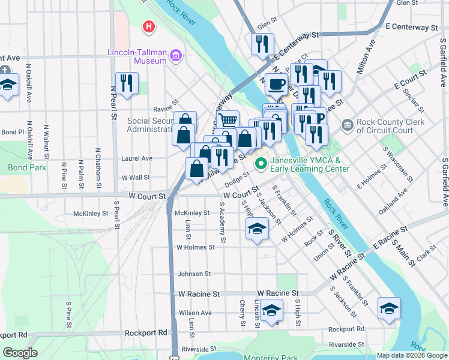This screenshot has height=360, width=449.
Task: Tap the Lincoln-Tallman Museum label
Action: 137,56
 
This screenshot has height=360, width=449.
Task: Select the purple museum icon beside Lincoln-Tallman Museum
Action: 176,56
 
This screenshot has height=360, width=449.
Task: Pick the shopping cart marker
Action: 228,121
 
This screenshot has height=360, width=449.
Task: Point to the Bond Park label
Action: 26,167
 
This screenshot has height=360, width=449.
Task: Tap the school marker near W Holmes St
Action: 257,229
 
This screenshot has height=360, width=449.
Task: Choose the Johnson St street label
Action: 194,274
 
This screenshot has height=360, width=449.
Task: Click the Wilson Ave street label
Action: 195,313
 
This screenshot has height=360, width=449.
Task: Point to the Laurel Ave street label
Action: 136,158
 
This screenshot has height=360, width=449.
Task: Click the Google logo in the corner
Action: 20,353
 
